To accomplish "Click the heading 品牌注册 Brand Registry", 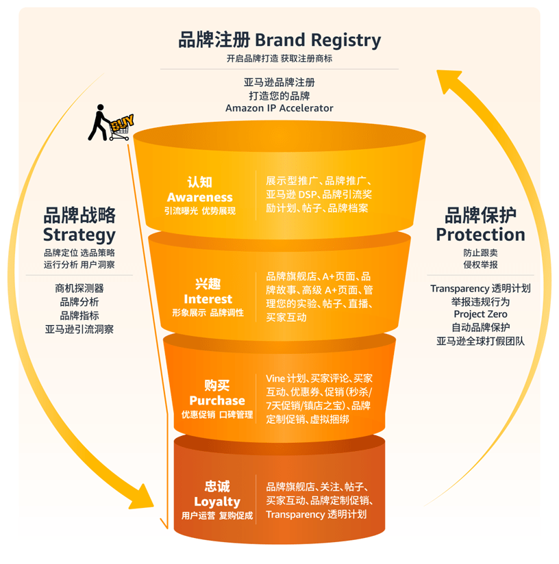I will (x=279, y=40).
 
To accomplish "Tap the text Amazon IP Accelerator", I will (x=279, y=108).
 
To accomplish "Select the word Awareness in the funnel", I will (x=199, y=197).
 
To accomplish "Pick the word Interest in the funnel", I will (x=208, y=299).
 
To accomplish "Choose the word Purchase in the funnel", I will (x=216, y=400).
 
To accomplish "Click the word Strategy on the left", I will (x=79, y=235).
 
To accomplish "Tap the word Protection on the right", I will (x=480, y=235).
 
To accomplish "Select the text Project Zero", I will (x=480, y=314).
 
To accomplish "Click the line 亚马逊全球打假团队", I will (x=480, y=340).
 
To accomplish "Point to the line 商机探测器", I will (x=79, y=289).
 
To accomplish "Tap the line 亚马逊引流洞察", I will (x=79, y=329).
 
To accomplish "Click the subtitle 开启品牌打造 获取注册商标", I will (x=279, y=59).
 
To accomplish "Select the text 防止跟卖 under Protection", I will (x=480, y=253).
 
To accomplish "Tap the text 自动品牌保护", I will (x=480, y=327).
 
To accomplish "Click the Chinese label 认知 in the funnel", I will (x=199, y=182).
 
